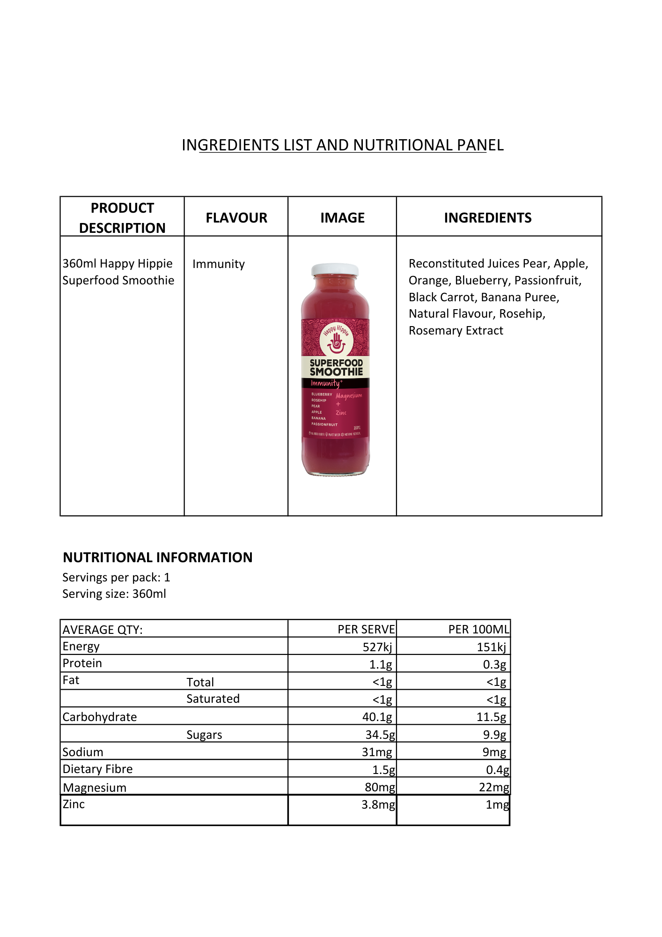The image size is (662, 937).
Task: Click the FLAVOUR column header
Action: pyautogui.click(x=236, y=218)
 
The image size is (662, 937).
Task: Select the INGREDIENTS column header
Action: pyautogui.click(x=487, y=218)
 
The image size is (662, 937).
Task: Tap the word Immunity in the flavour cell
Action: pyautogui.click(x=218, y=264)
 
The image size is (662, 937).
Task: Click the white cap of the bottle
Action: pyautogui.click(x=335, y=269)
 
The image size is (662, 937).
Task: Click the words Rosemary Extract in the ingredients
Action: pyautogui.click(x=456, y=331)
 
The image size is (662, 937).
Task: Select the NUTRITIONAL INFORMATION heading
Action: pyautogui.click(x=157, y=558)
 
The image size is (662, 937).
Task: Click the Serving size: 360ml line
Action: pyautogui.click(x=114, y=594)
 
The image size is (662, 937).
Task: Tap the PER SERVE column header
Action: pyautogui.click(x=366, y=630)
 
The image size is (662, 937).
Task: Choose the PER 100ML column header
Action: pyautogui.click(x=478, y=630)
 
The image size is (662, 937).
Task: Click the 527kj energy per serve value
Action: pyautogui.click(x=377, y=647)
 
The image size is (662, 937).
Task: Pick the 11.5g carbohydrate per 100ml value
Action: pyautogui.click(x=491, y=717)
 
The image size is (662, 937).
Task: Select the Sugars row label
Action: pyautogui.click(x=204, y=735)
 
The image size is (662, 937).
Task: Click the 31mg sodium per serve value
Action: pyautogui.click(x=377, y=752)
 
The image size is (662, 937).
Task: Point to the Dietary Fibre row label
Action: pyautogui.click(x=97, y=769)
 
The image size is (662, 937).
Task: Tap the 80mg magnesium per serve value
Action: pyautogui.click(x=380, y=788)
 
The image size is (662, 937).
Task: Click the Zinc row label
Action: pyautogui.click(x=74, y=804)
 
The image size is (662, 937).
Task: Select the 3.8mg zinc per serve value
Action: pyautogui.click(x=378, y=805)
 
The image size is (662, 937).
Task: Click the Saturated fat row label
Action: pyautogui.click(x=213, y=699)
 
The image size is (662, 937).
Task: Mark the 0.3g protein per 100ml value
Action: pyautogui.click(x=494, y=665)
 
